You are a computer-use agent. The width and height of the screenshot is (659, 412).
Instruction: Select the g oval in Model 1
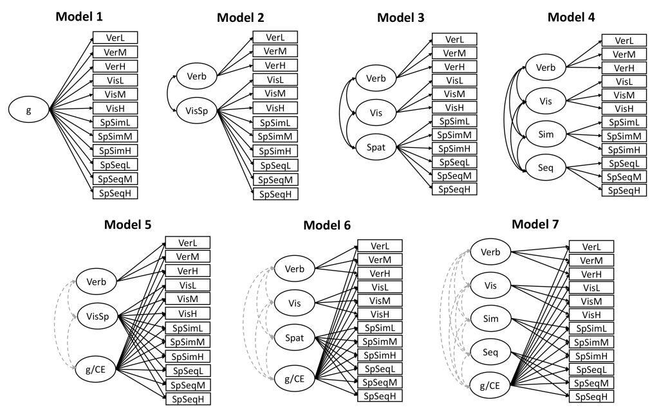pos(28,111)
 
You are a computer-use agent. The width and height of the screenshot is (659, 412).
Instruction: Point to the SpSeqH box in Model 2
pos(275,193)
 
